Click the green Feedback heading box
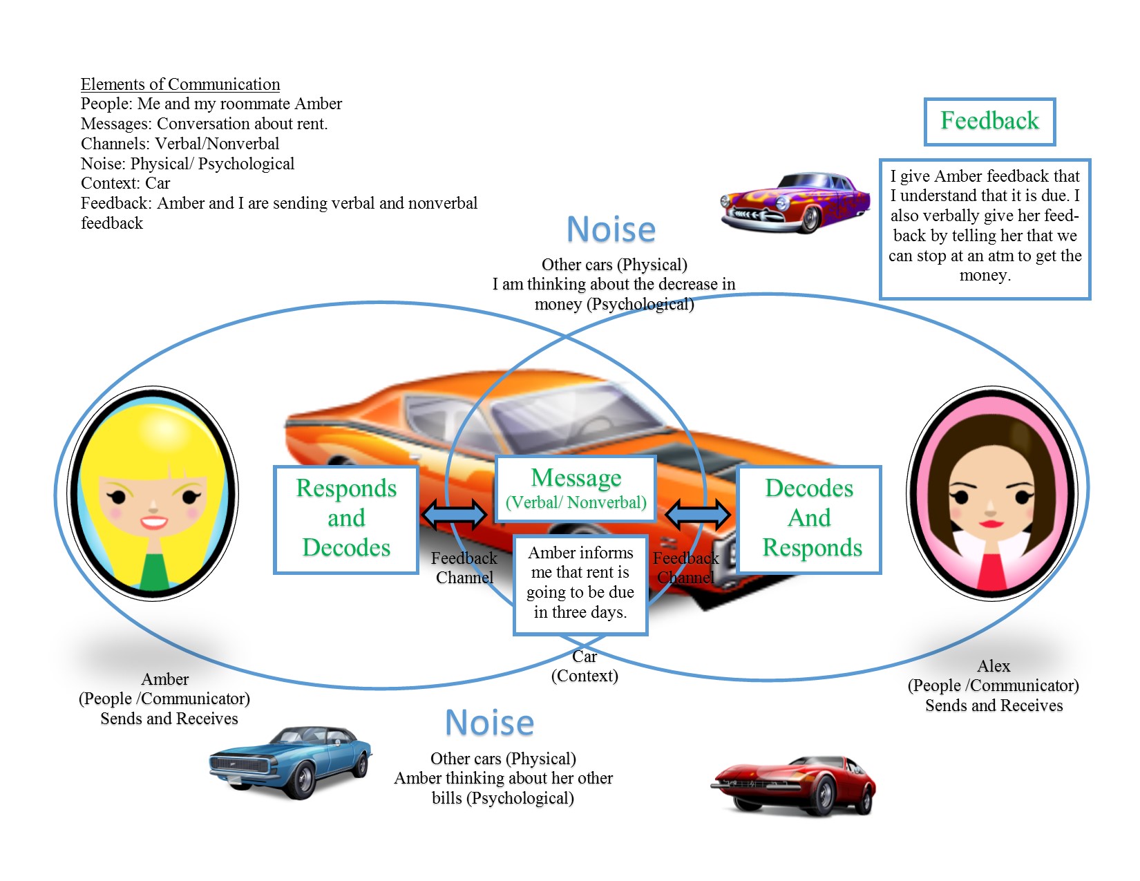[989, 122]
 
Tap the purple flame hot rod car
[795, 202]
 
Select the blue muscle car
[290, 762]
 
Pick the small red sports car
[793, 786]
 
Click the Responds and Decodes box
[345, 520]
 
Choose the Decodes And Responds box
[809, 520]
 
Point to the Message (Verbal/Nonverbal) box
[576, 489]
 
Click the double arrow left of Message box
[455, 513]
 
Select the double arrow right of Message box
[697, 513]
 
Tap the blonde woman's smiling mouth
[153, 522]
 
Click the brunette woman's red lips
[991, 523]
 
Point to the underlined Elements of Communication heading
[180, 84]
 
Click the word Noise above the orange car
[611, 230]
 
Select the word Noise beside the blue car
[489, 723]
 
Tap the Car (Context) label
[585, 666]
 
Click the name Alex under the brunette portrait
[993, 666]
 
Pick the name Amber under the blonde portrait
[164, 679]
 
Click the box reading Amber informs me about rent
[580, 585]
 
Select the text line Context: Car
[125, 183]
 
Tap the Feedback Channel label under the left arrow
[464, 568]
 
